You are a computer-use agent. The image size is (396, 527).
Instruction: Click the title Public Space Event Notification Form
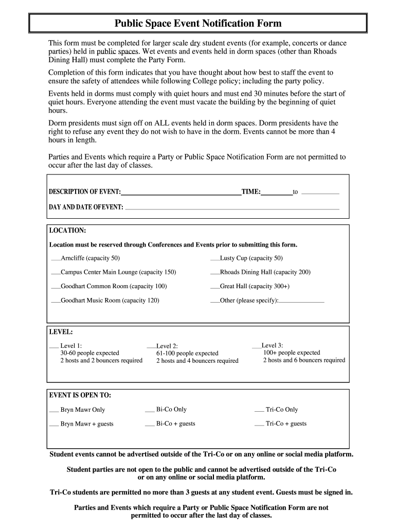(198, 24)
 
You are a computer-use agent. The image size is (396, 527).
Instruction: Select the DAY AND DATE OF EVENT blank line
(232, 208)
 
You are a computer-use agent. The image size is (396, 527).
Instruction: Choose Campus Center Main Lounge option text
(118, 272)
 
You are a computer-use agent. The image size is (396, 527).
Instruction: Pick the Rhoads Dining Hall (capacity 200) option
(265, 272)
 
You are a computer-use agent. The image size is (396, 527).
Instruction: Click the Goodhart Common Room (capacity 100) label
(114, 286)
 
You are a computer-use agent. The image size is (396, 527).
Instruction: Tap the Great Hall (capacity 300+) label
(255, 286)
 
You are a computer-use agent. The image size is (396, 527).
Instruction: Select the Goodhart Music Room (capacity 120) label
(110, 300)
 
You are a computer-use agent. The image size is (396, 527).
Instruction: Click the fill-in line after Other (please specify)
(301, 302)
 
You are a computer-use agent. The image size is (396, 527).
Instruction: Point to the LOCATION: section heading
(67, 230)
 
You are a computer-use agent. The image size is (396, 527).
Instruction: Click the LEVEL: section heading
(61, 332)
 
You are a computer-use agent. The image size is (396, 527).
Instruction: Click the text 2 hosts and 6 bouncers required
(304, 360)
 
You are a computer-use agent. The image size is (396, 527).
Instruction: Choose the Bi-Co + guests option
(175, 424)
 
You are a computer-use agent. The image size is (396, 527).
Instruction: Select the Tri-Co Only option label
(282, 410)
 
